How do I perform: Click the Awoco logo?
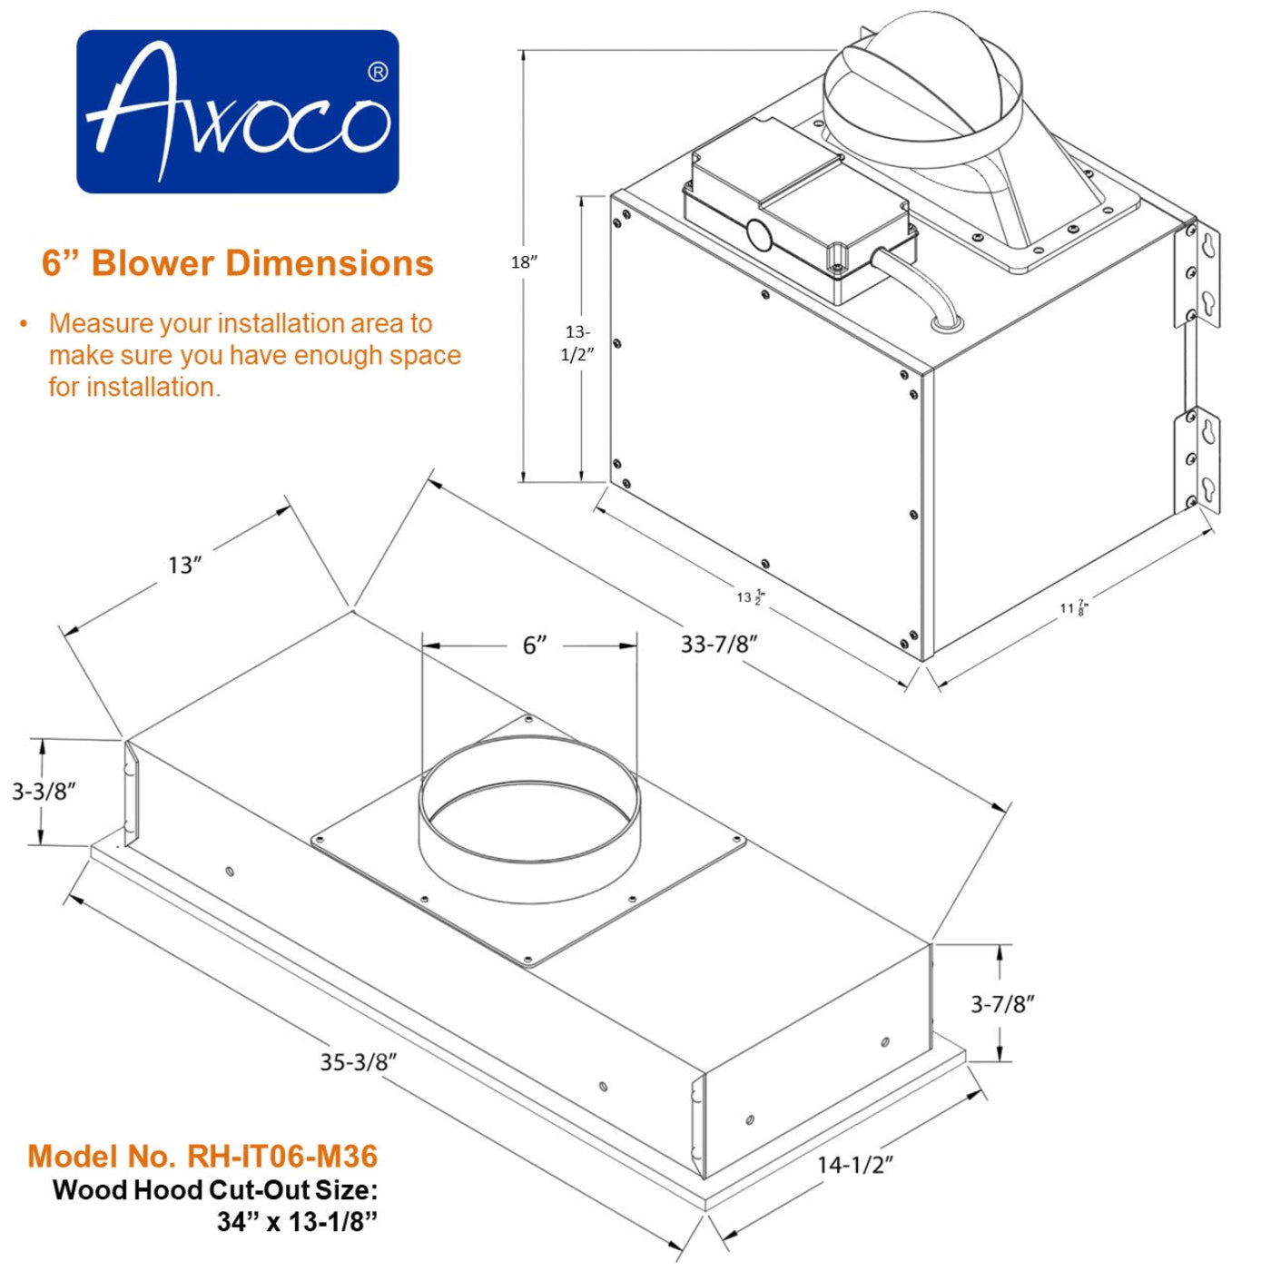237,112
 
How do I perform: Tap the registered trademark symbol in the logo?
378,72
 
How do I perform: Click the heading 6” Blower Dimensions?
238,263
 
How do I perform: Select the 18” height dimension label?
524,262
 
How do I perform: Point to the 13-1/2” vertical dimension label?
576,343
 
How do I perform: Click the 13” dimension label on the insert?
184,566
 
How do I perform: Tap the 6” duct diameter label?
535,645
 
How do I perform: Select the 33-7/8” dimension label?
719,644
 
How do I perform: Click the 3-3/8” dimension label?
44,792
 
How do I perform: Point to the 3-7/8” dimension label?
1002,1004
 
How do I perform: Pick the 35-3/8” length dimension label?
358,1061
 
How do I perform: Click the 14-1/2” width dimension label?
855,1164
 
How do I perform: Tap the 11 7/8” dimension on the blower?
1073,607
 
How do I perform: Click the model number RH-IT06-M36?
202,1156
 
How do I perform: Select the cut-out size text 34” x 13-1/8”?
297,1222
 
